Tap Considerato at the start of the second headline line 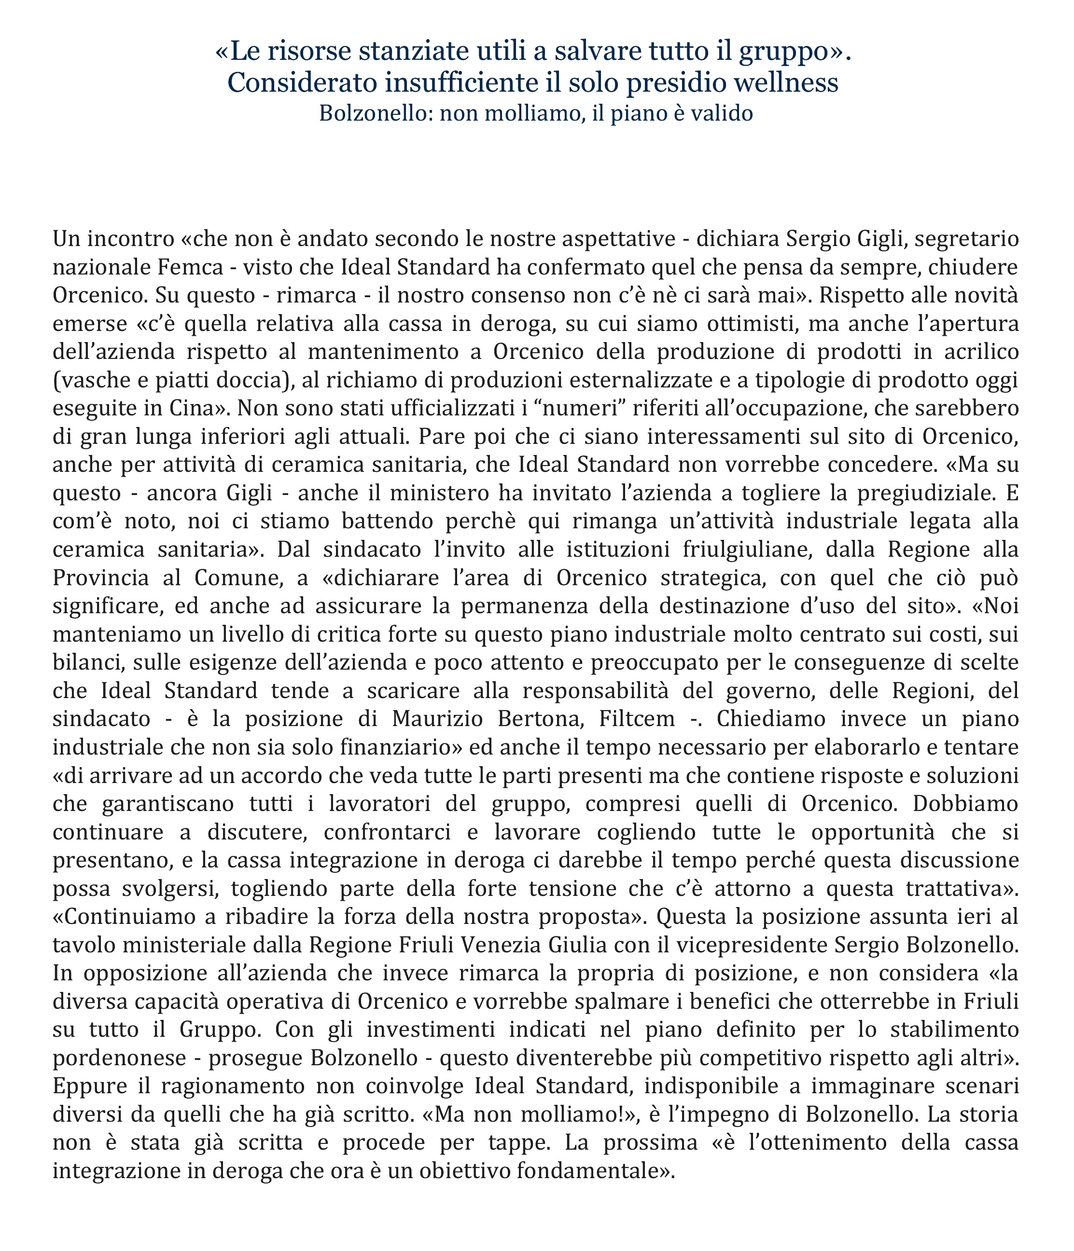(303, 82)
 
